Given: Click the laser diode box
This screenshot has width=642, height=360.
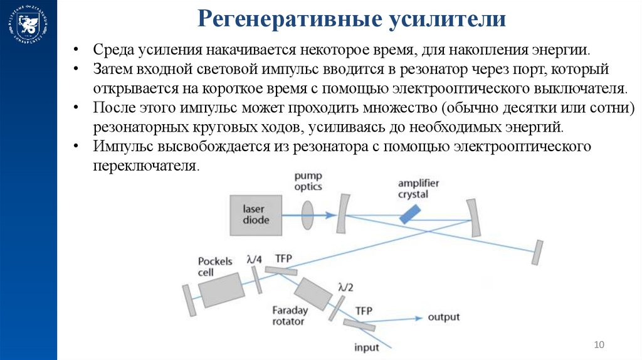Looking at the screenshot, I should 255,214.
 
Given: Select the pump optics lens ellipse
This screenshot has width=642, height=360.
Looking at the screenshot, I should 308,214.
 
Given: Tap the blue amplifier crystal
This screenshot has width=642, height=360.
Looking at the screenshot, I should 410,214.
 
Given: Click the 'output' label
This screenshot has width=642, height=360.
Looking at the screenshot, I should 444,317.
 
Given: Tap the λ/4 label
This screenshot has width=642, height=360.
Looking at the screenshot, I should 255,259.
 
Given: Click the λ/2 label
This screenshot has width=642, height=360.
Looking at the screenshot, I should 345,287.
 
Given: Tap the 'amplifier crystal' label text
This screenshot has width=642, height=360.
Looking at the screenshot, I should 418,188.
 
